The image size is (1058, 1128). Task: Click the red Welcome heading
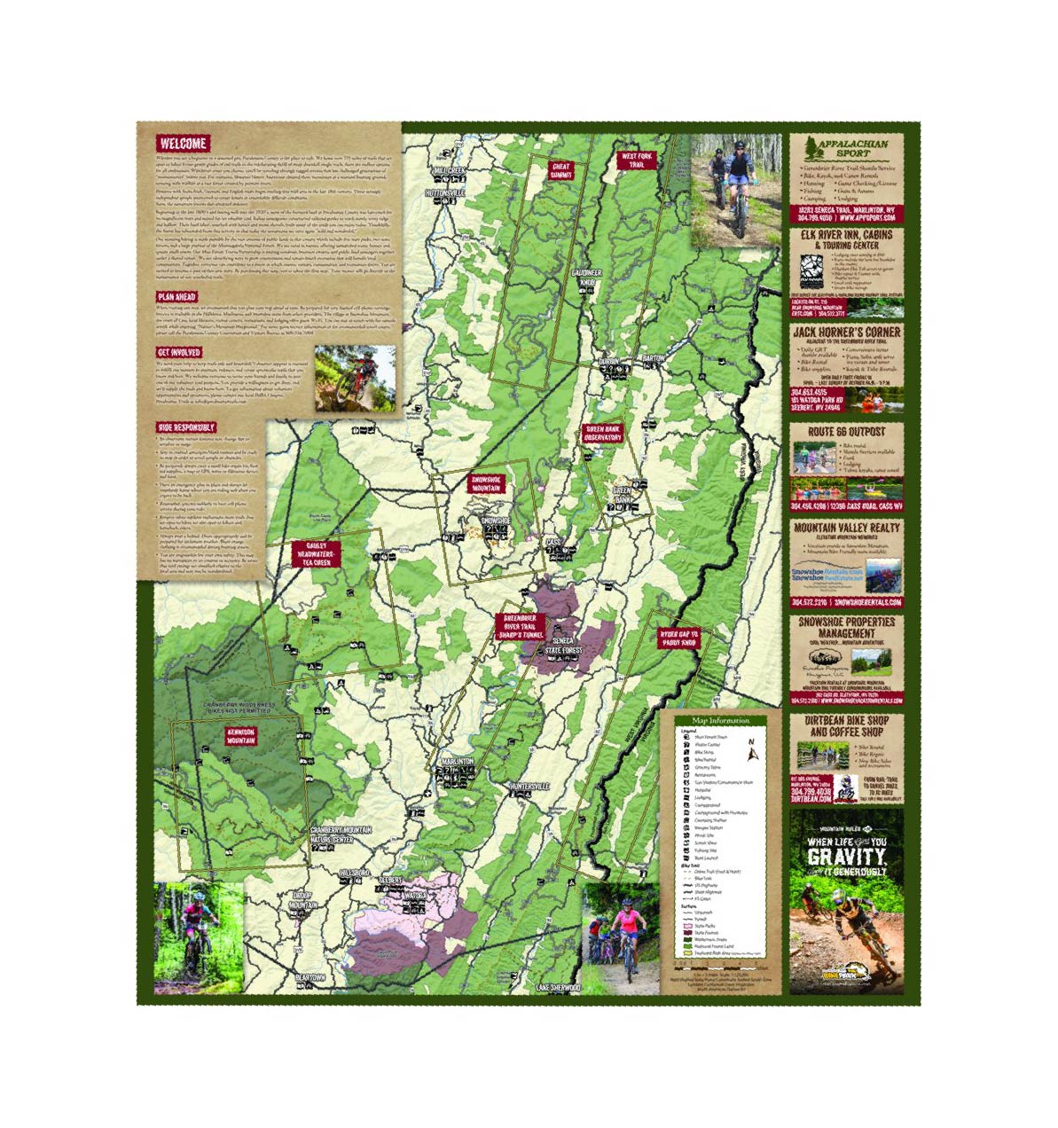(184, 144)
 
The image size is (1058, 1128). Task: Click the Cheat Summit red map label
(561, 169)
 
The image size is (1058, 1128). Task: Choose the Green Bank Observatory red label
(603, 433)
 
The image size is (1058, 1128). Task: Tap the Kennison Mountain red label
(241, 735)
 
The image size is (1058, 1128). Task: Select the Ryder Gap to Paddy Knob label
(678, 638)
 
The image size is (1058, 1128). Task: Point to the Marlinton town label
(456, 762)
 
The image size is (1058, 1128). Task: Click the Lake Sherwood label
(558, 987)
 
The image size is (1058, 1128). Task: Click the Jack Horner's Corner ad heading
(846, 332)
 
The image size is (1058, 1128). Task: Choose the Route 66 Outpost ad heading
(846, 432)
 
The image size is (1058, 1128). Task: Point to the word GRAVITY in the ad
(846, 857)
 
